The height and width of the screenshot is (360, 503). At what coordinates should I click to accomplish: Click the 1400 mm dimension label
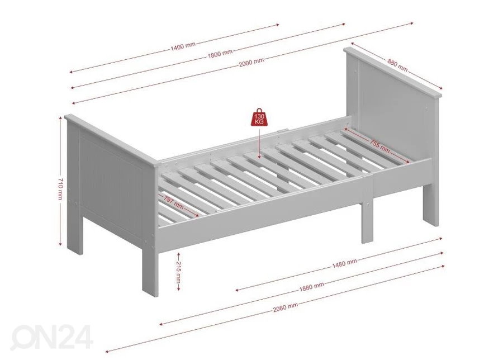(x=183, y=46)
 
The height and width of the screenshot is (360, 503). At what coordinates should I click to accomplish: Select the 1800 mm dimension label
(x=220, y=54)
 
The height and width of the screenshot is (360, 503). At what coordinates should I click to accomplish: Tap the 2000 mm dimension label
(x=251, y=62)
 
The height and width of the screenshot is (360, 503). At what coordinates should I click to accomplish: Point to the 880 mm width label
(x=397, y=65)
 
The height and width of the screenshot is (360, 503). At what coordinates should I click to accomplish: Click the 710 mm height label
(x=60, y=188)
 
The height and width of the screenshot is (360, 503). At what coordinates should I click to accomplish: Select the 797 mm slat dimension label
(x=173, y=203)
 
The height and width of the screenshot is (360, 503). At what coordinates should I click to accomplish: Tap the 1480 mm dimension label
(x=344, y=263)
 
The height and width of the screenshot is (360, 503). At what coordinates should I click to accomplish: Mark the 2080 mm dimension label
(x=286, y=307)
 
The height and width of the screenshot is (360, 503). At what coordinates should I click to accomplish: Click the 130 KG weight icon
(x=259, y=117)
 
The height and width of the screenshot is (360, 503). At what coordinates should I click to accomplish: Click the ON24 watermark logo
(x=51, y=337)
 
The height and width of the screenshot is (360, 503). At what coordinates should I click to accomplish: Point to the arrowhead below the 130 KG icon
(x=259, y=157)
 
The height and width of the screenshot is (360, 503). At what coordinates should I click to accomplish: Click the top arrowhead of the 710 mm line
(x=60, y=119)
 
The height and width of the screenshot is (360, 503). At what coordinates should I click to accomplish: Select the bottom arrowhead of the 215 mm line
(x=179, y=289)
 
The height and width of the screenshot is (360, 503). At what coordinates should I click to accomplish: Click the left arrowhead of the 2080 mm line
(x=108, y=351)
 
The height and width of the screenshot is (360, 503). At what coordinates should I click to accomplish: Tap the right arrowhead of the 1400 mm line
(x=277, y=25)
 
